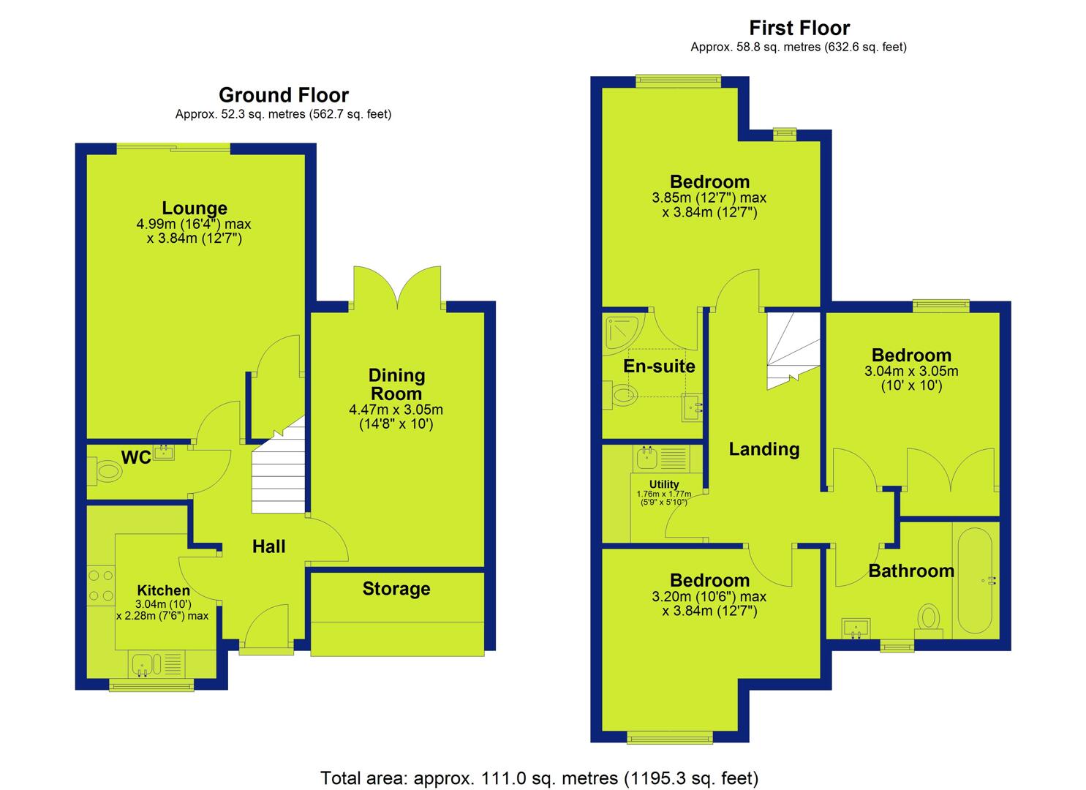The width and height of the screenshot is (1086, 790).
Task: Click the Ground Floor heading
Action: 284,95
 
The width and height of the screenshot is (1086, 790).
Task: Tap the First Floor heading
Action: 799,28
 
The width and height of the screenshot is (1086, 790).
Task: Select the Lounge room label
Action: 195,208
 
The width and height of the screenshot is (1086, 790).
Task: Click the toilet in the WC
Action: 106,471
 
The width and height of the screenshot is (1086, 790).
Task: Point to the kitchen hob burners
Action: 102,585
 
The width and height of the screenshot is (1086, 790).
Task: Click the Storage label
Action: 396,589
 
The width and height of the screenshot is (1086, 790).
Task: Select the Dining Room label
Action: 396,385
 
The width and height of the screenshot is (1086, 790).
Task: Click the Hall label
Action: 268,546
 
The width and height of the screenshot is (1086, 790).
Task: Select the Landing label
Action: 764,449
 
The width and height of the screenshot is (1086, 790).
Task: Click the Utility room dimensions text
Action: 664,498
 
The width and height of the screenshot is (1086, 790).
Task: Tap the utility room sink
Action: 646,457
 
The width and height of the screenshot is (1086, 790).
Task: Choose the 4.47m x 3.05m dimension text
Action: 396,410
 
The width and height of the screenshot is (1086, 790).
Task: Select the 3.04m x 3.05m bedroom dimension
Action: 911,372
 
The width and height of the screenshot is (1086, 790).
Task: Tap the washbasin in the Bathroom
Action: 856,628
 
